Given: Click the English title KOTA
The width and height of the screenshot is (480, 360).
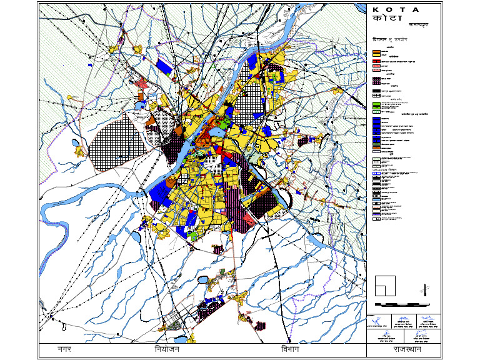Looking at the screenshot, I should [396, 10].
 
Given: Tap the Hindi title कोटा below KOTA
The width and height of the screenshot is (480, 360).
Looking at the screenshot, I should [383, 19].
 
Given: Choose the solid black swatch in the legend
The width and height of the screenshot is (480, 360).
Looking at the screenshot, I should [376, 91].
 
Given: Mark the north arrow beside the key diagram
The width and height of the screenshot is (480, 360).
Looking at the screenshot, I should [425, 289].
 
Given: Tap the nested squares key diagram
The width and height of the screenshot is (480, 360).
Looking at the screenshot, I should [384, 285].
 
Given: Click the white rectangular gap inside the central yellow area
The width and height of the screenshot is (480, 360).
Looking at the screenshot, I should [213, 164].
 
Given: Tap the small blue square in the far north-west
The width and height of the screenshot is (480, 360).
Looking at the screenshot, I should [91, 64].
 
